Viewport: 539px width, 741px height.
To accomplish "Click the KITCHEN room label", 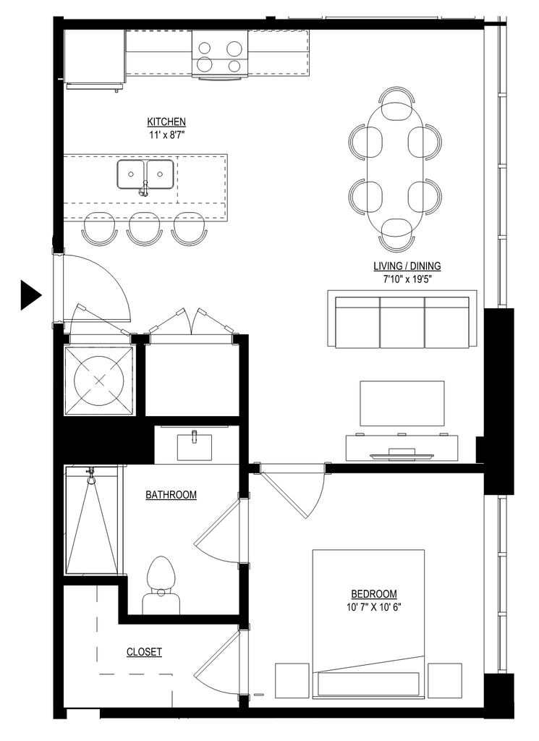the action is tap(166, 122).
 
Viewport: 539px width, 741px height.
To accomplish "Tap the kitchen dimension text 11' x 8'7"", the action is tap(166, 135).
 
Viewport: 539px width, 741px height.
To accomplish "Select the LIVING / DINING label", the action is tap(407, 266).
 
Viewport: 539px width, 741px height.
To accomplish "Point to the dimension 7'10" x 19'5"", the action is tap(407, 279).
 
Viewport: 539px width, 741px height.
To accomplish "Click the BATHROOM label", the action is tap(171, 495).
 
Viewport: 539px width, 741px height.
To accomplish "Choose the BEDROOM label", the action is tap(373, 594).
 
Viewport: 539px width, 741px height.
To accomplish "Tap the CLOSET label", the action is tap(144, 652).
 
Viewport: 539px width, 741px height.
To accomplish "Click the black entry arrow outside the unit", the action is tap(30, 295).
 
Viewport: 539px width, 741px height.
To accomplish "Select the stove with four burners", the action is tap(220, 54).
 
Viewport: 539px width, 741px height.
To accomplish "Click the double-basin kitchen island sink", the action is tap(145, 175).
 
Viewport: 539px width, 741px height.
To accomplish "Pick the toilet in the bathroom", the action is tap(161, 585).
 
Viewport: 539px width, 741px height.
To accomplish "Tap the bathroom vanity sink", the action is tap(195, 446).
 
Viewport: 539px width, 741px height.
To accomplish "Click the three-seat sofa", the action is tap(402, 323).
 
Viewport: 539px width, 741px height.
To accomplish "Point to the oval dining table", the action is tap(396, 169).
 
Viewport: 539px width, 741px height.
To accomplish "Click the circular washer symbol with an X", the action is tap(99, 381).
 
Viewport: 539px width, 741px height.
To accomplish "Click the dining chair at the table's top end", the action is tap(396, 101).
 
